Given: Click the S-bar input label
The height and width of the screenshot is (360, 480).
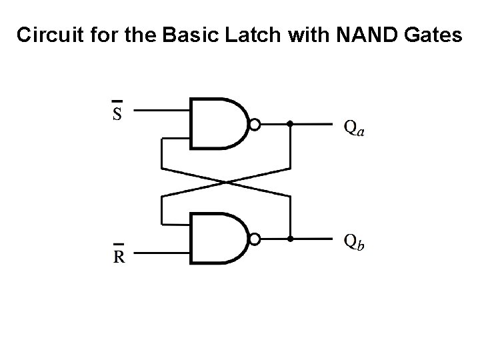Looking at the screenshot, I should (117, 112).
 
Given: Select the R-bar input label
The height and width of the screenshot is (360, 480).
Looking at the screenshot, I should (118, 255).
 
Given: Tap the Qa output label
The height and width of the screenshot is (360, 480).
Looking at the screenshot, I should (353, 127).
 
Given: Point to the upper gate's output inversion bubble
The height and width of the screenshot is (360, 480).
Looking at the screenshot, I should (254, 124).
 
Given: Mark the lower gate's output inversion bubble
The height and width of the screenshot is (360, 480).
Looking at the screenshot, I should (254, 237).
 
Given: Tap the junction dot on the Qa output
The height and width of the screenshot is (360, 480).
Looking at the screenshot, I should (290, 124).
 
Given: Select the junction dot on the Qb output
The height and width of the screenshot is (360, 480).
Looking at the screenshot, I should (290, 237).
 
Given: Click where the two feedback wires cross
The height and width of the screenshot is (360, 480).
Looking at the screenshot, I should (226, 181).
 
